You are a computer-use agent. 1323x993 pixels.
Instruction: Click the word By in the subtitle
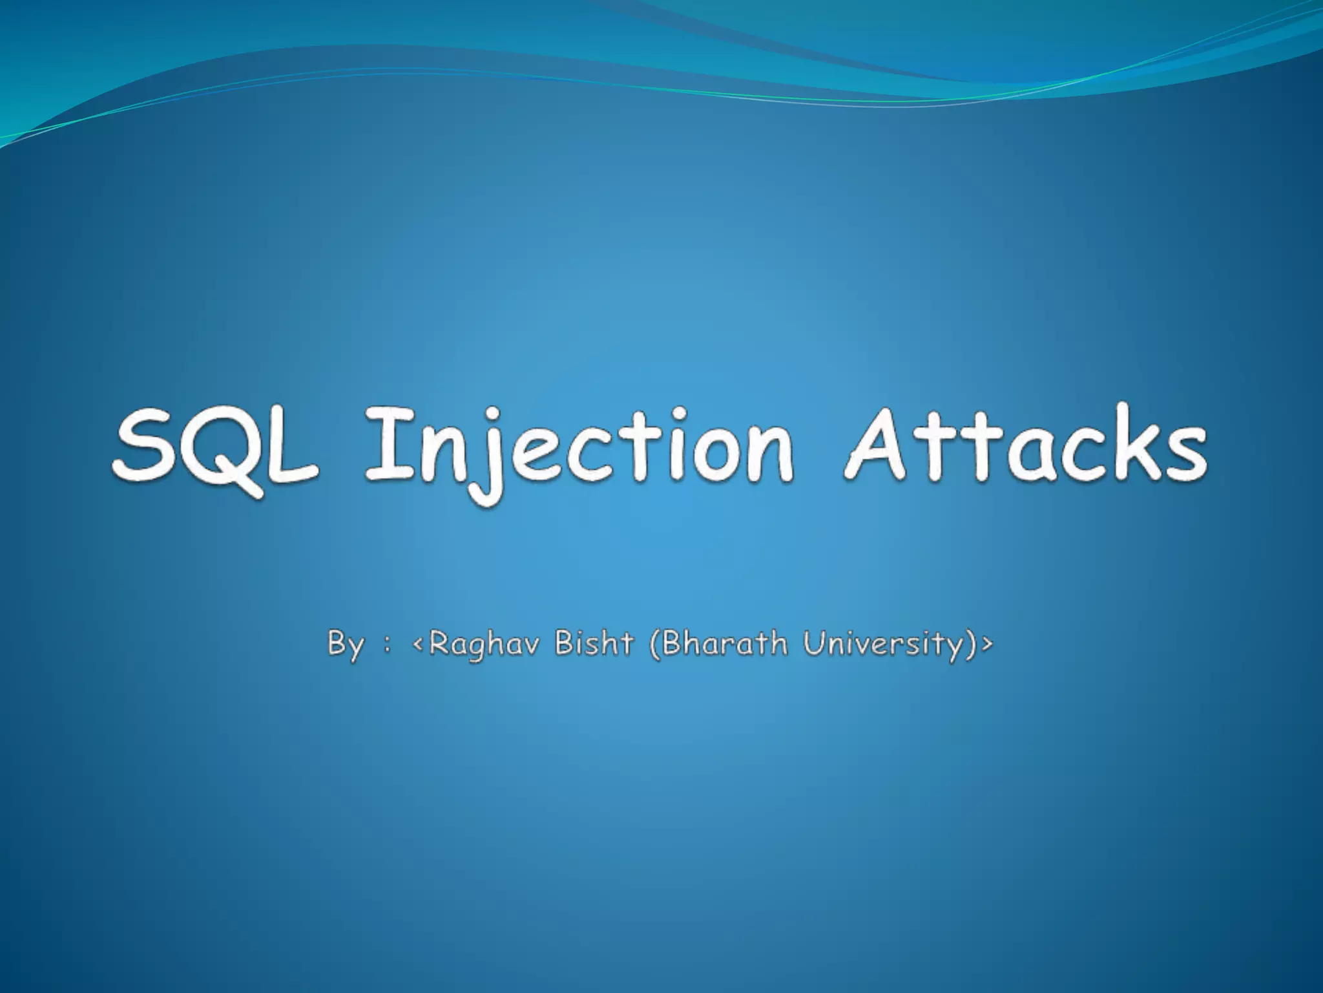point(345,645)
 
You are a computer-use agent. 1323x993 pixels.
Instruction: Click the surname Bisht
point(595,643)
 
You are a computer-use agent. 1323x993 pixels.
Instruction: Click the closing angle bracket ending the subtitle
point(986,645)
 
